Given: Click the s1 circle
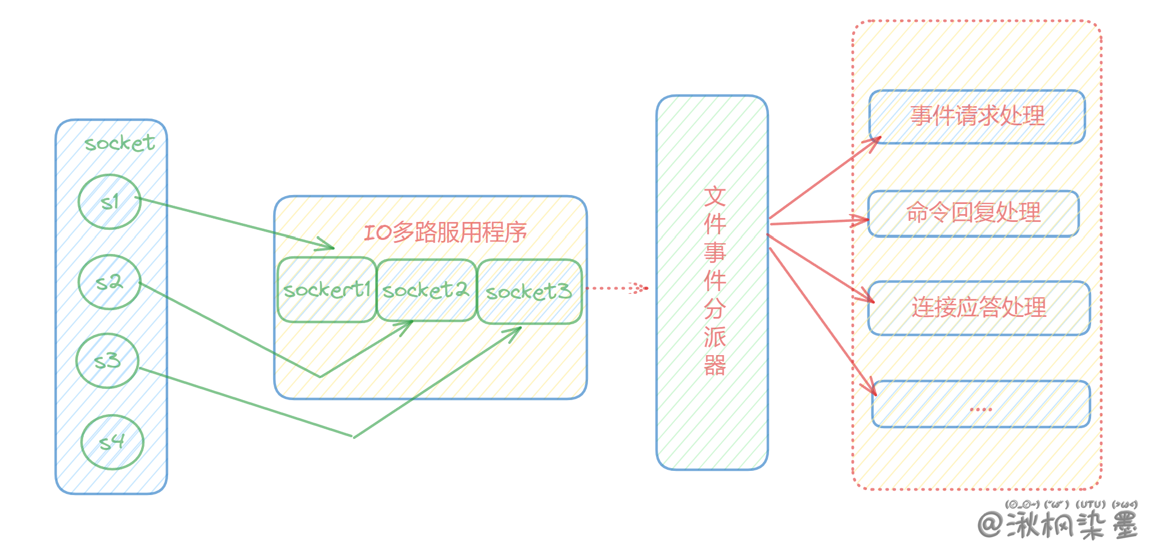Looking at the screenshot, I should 110,202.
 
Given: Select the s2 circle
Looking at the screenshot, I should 110,282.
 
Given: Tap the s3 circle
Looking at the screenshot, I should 107,361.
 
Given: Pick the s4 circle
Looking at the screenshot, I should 112,442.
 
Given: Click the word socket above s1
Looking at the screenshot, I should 119,144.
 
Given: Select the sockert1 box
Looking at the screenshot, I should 327,290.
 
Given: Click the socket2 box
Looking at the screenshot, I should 426,290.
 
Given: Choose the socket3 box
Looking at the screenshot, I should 529,292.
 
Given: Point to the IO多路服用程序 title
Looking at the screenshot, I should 445,232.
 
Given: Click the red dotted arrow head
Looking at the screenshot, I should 640,288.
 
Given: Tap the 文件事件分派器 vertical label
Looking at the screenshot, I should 714,281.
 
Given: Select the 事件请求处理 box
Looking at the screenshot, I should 977,116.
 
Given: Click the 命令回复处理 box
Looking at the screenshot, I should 973,213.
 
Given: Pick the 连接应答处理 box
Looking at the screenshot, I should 979,308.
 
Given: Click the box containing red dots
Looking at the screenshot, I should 981,404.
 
